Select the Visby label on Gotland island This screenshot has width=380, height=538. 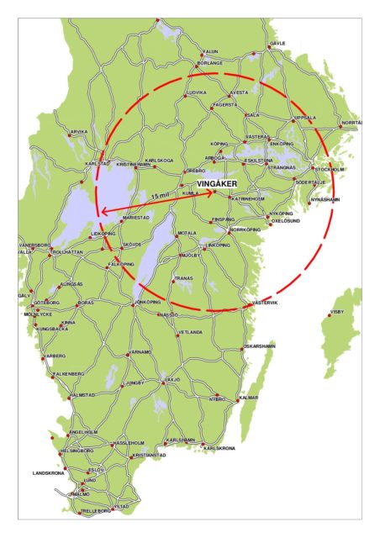click(x=337, y=312)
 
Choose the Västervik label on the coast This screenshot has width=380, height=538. click(x=265, y=303)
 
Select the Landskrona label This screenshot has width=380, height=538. click(x=48, y=473)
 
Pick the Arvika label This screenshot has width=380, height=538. click(x=78, y=131)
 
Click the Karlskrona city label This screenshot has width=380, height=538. click(x=221, y=448)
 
